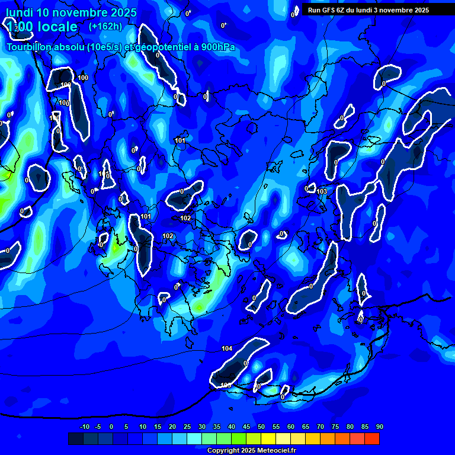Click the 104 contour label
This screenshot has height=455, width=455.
227,348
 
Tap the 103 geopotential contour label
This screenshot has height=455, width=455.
322,191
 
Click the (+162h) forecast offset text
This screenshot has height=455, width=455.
105,26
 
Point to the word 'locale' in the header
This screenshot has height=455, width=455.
56,27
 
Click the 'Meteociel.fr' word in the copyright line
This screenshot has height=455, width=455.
276,451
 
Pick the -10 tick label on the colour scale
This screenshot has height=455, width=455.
84,427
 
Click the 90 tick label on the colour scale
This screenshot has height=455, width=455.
379,427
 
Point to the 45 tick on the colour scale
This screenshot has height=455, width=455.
246,427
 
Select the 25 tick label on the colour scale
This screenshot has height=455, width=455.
187,427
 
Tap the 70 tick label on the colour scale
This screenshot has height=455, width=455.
321,427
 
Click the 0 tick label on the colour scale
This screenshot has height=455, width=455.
111,427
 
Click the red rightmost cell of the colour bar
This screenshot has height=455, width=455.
371,438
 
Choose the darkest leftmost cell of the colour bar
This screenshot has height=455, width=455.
75,438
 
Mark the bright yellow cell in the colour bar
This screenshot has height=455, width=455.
268,438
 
